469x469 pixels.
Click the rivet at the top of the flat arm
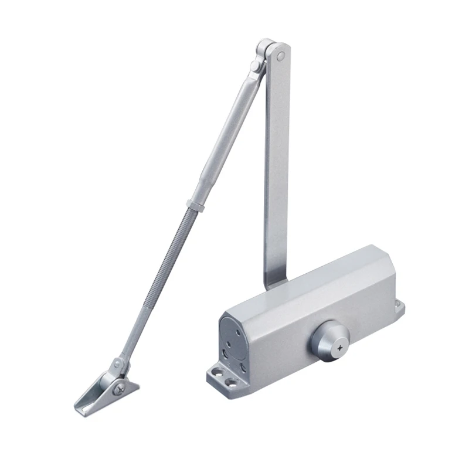click(280, 57)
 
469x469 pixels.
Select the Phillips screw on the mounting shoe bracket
click(119, 386)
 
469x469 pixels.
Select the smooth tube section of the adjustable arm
click(223, 135)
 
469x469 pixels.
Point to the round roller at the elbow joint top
click(265, 46)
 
